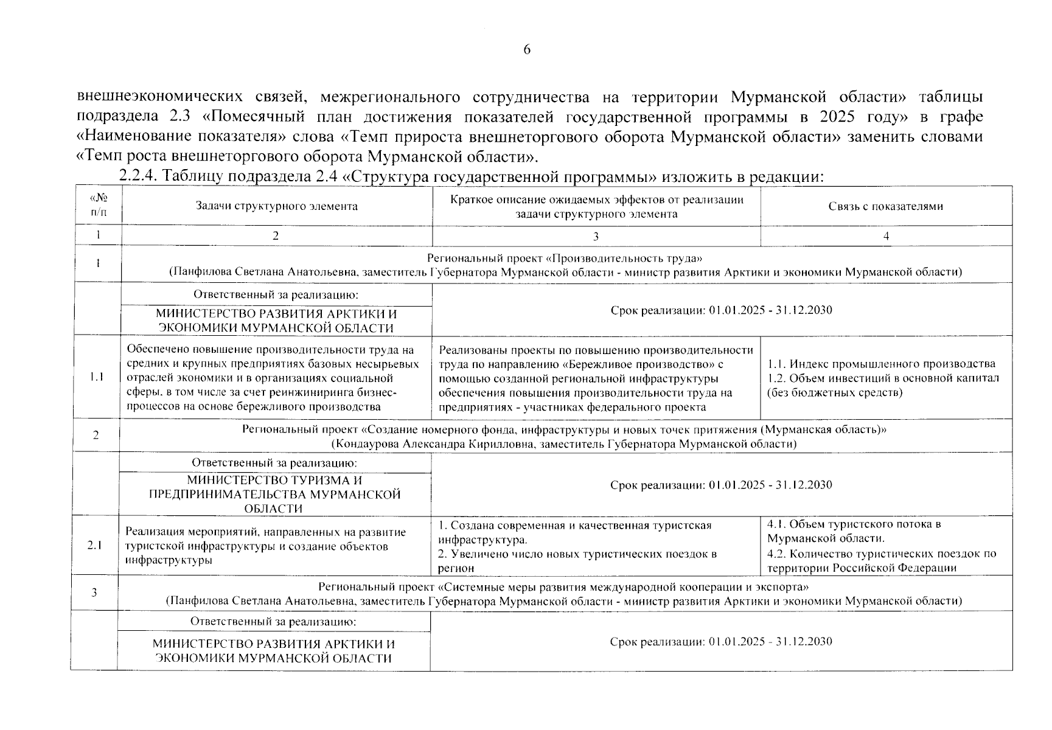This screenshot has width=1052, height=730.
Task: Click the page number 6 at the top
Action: pyautogui.click(x=526, y=50)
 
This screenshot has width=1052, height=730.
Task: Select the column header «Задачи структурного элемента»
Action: pyautogui.click(x=276, y=206)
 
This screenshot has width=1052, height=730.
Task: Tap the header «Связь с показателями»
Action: pyautogui.click(x=885, y=206)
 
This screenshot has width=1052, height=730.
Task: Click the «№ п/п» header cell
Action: pyautogui.click(x=97, y=206)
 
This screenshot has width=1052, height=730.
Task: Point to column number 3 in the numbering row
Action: pyautogui.click(x=595, y=236)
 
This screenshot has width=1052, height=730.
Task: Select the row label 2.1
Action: pyautogui.click(x=94, y=546)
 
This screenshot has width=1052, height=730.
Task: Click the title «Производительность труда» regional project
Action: pyautogui.click(x=566, y=258)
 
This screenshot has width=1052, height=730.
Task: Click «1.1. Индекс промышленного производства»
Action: pyautogui.click(x=881, y=364)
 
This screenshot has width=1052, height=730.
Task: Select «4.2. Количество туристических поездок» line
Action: pyautogui.click(x=882, y=554)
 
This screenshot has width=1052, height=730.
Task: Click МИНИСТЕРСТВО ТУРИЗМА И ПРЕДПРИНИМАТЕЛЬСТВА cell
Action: pyautogui.click(x=274, y=494)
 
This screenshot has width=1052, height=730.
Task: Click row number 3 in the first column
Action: pyautogui.click(x=94, y=593)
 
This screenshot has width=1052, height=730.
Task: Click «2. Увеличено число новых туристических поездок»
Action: pyautogui.click(x=577, y=554)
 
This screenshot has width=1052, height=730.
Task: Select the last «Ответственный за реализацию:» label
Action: pyautogui.click(x=273, y=622)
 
